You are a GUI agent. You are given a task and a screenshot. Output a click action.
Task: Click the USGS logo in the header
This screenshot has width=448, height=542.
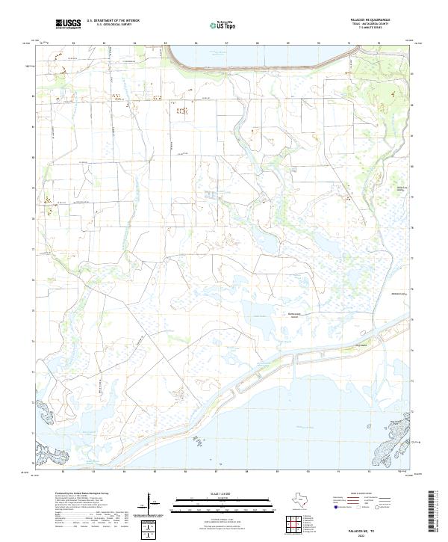[x=69, y=25]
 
